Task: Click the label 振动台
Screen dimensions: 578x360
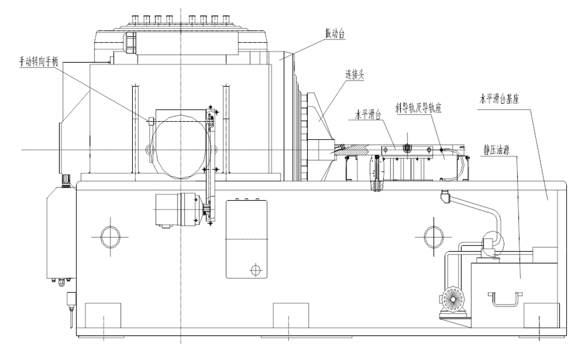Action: click(335, 34)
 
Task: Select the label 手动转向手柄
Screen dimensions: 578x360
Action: click(39, 61)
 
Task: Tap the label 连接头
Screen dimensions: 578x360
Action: click(354, 76)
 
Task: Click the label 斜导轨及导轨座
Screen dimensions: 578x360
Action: click(418, 108)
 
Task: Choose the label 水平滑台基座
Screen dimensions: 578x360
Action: click(499, 99)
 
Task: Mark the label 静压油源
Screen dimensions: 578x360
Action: click(496, 150)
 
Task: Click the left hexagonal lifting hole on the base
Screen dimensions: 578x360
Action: click(110, 237)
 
